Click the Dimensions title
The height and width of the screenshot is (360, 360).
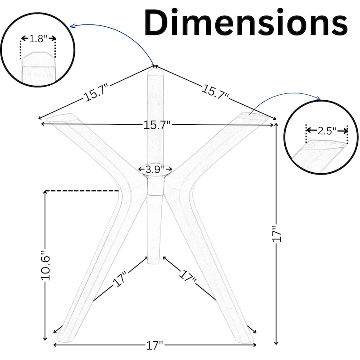(x=246, y=22)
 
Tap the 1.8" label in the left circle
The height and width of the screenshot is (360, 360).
(x=39, y=39)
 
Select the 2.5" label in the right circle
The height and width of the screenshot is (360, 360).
(x=327, y=131)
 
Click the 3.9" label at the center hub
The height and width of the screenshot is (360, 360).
(x=155, y=170)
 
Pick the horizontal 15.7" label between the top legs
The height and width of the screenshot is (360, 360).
(x=157, y=125)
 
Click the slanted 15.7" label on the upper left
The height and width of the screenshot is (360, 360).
(x=97, y=93)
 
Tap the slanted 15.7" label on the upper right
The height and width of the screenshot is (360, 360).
(x=215, y=92)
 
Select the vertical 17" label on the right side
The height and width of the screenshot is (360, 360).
(x=277, y=234)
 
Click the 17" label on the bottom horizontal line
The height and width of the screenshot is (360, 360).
(x=155, y=345)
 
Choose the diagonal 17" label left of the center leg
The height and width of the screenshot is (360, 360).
(x=120, y=279)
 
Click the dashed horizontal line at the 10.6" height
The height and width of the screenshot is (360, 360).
(x=82, y=190)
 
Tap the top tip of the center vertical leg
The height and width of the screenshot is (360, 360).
(x=155, y=69)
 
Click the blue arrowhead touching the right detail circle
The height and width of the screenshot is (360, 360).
(x=318, y=98)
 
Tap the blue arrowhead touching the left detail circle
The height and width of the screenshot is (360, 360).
(x=72, y=26)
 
